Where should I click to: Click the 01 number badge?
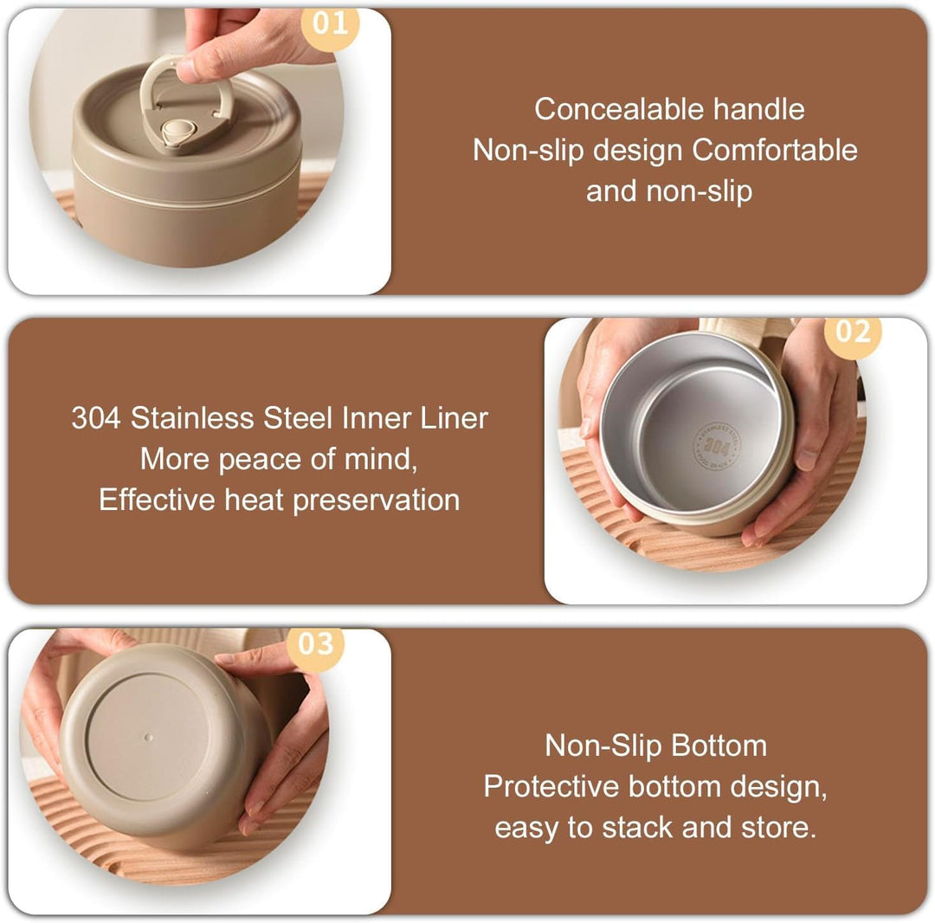330,25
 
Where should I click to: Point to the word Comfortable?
775,151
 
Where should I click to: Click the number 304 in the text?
96,418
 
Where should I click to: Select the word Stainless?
193,418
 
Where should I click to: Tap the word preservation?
377,500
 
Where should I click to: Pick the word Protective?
551,786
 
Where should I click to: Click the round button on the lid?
176,131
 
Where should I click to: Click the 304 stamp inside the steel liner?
716,445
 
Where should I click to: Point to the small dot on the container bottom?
149,738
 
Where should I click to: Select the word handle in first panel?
759,110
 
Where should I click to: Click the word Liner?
454,418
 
